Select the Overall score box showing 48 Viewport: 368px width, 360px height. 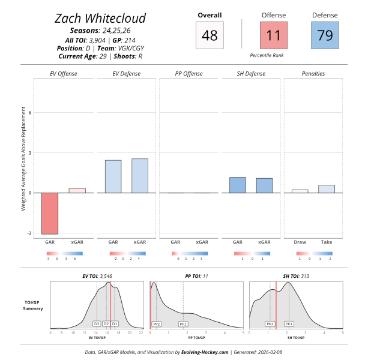[210, 35]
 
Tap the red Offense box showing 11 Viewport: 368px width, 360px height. [273, 35]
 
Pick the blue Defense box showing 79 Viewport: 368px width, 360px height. [325, 35]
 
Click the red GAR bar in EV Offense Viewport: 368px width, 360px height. [50, 213]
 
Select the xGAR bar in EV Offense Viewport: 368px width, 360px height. [77, 190]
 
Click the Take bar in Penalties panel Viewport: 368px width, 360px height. [327, 188]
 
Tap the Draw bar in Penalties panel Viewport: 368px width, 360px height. [300, 191]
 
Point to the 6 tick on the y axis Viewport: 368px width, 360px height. [29, 112]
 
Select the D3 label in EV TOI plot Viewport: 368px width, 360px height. [97, 323]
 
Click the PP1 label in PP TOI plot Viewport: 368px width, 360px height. [183, 323]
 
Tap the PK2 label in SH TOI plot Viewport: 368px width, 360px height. [270, 323]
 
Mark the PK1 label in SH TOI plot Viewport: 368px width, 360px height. [289, 323]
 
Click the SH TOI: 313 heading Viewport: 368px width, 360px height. [295, 276]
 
